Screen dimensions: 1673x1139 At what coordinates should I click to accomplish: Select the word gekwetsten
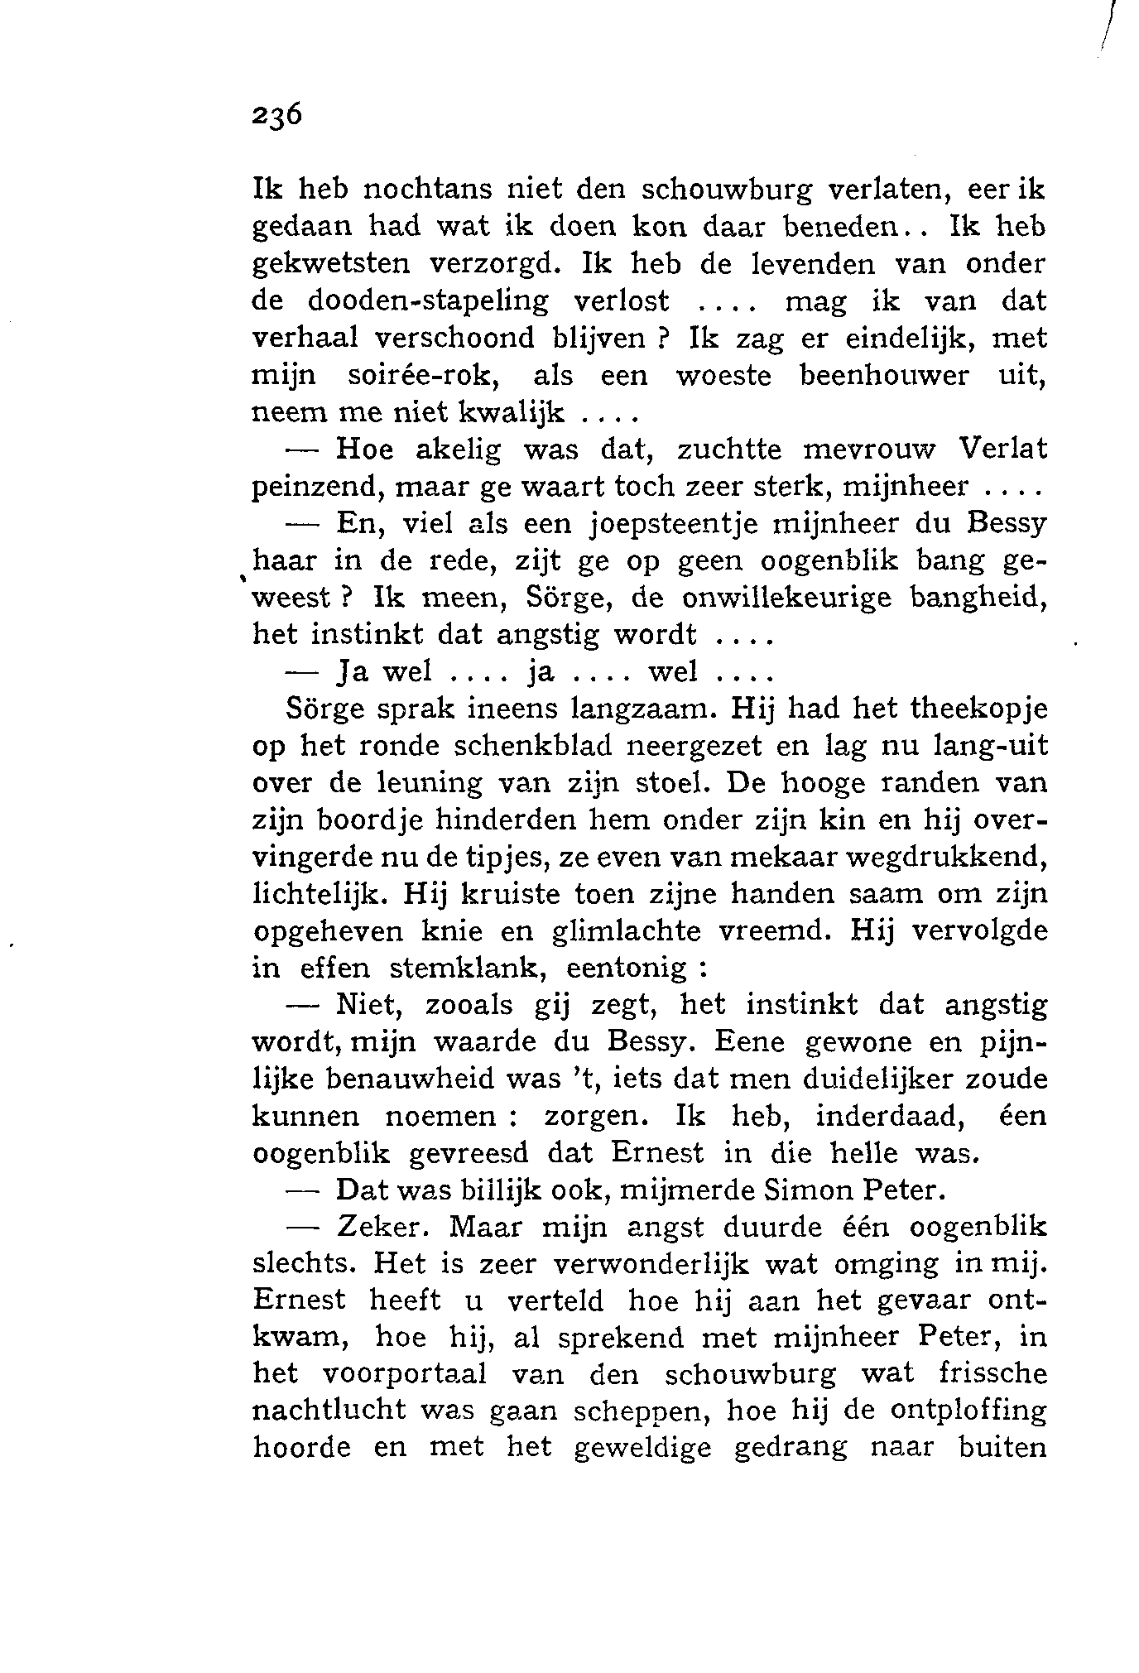point(330,264)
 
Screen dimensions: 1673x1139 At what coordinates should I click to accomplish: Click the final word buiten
point(1001,1449)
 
